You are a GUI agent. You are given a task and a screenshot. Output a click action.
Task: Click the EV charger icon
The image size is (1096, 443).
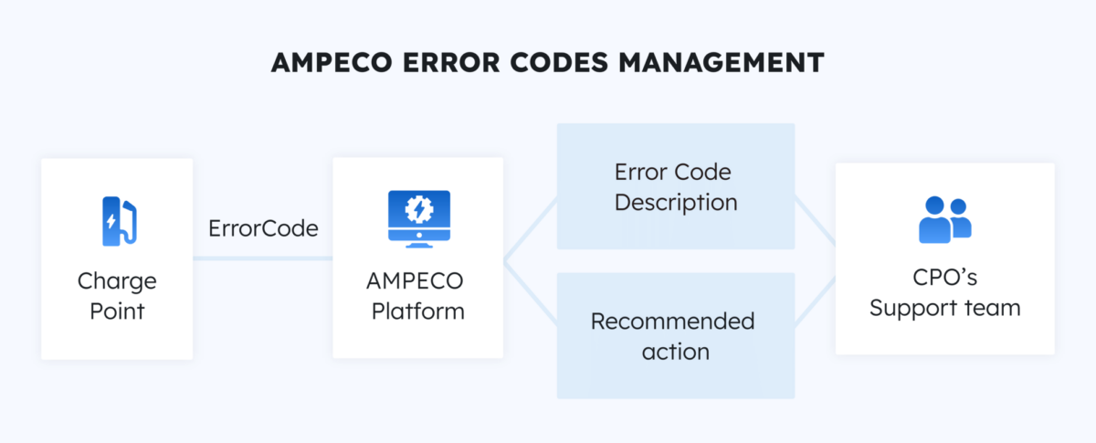point(117,221)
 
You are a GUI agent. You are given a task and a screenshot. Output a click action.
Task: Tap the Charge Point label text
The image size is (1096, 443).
point(117,295)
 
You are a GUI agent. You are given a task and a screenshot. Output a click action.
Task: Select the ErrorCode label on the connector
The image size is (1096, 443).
point(263,228)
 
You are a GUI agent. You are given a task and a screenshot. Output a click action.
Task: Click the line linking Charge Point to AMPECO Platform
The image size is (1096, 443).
point(263,258)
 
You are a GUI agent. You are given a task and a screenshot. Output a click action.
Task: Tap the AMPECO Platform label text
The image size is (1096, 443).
point(417,295)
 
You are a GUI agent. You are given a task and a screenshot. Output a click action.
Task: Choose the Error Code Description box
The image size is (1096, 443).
point(676,186)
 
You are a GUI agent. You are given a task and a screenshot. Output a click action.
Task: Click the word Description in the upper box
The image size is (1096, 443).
point(676,202)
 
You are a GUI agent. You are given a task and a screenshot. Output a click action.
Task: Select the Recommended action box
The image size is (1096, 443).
point(676,335)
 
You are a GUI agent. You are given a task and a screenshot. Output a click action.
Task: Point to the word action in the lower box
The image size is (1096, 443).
point(676,351)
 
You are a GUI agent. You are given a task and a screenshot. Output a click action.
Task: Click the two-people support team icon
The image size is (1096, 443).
point(944,220)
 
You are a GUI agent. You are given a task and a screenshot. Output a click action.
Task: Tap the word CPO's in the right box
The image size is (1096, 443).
point(944,278)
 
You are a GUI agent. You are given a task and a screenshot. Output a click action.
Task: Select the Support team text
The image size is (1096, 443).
point(944,308)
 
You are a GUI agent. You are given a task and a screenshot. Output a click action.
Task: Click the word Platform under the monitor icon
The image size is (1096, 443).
point(417,311)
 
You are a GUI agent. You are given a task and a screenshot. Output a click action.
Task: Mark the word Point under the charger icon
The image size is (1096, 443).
point(117,311)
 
